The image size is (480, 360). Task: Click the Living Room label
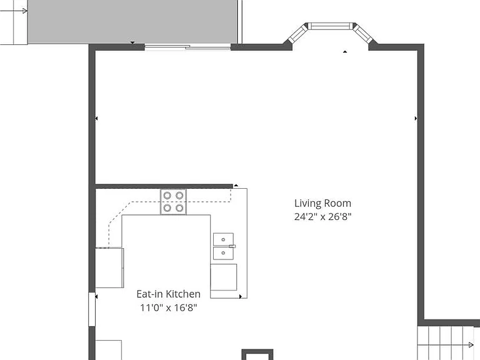click(x=322, y=203)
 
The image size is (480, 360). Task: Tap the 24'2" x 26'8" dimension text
click(x=322, y=217)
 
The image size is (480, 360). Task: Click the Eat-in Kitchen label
click(x=168, y=294)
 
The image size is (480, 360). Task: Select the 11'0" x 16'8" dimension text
click(x=168, y=307)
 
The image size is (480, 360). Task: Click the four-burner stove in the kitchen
click(x=173, y=202)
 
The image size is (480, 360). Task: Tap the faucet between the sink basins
click(x=232, y=246)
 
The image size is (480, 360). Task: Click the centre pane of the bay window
click(x=330, y=27)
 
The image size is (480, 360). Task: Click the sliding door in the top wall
click(x=187, y=47)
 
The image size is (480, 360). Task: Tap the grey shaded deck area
click(x=132, y=21)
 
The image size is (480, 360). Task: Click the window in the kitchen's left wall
click(x=92, y=309)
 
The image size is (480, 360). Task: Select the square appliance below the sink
click(x=224, y=277)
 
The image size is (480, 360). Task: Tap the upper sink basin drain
click(x=223, y=239)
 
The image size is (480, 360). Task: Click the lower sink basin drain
click(x=223, y=253)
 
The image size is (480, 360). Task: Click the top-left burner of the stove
click(x=167, y=195)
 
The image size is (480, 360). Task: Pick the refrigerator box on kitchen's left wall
click(x=109, y=267)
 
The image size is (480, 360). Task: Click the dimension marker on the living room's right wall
click(x=416, y=118)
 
